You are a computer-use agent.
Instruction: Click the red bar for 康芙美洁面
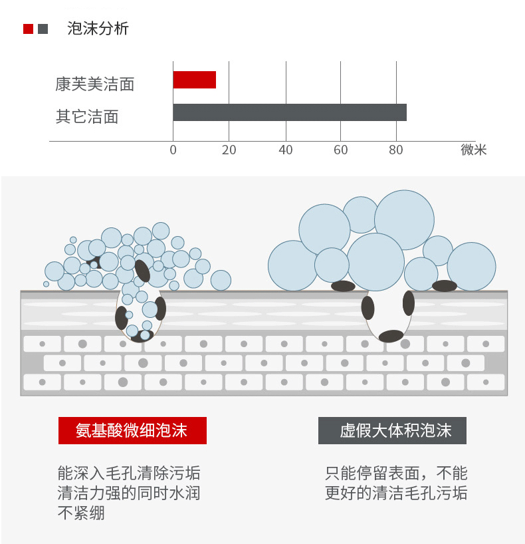(194, 80)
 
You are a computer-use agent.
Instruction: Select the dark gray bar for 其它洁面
(289, 112)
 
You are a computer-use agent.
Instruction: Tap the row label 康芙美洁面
(94, 84)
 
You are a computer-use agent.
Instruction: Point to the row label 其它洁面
(86, 117)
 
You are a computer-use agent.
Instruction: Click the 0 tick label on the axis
(173, 150)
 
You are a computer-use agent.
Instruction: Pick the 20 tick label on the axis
(229, 150)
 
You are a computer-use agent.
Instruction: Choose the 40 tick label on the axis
(286, 150)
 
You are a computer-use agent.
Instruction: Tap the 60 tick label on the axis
(340, 150)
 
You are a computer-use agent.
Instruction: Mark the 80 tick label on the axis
(396, 150)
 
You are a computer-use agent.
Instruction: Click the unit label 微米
(474, 150)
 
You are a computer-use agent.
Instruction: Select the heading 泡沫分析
(98, 29)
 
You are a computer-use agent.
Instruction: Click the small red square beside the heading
(28, 29)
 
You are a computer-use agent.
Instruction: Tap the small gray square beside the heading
(43, 29)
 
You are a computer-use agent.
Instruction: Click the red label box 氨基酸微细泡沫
(132, 431)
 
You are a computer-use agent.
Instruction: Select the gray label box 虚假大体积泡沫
(392, 431)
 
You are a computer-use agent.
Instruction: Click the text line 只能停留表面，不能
(396, 473)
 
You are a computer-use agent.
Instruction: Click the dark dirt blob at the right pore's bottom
(391, 336)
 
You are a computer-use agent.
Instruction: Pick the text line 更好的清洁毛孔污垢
(396, 493)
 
